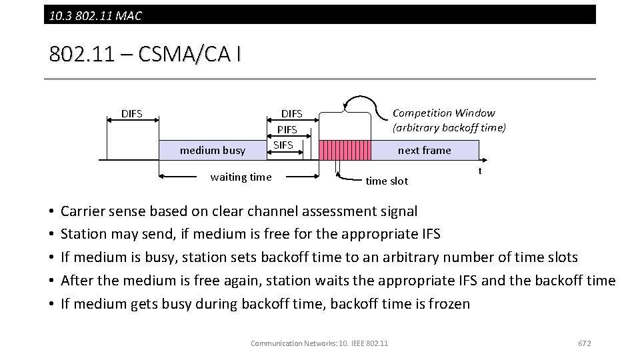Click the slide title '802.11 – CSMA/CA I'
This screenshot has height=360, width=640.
point(145,54)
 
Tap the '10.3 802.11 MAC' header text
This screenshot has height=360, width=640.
point(95,15)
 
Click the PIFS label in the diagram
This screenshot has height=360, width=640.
point(287,129)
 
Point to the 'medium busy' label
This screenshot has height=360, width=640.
point(213,151)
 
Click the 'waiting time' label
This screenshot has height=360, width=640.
point(241,177)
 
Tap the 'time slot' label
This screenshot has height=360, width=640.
point(387,181)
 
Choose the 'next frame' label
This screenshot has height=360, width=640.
point(424,150)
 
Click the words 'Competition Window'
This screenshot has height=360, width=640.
point(443,113)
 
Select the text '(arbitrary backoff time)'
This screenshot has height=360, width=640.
point(449,127)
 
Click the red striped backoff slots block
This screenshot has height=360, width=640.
point(345,150)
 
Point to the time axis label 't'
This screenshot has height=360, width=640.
point(479,171)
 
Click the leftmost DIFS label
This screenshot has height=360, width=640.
point(131,113)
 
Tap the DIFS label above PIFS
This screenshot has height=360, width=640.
point(291,114)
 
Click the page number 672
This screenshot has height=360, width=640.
point(584,343)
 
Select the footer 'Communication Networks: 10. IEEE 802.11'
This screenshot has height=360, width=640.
point(319,343)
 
